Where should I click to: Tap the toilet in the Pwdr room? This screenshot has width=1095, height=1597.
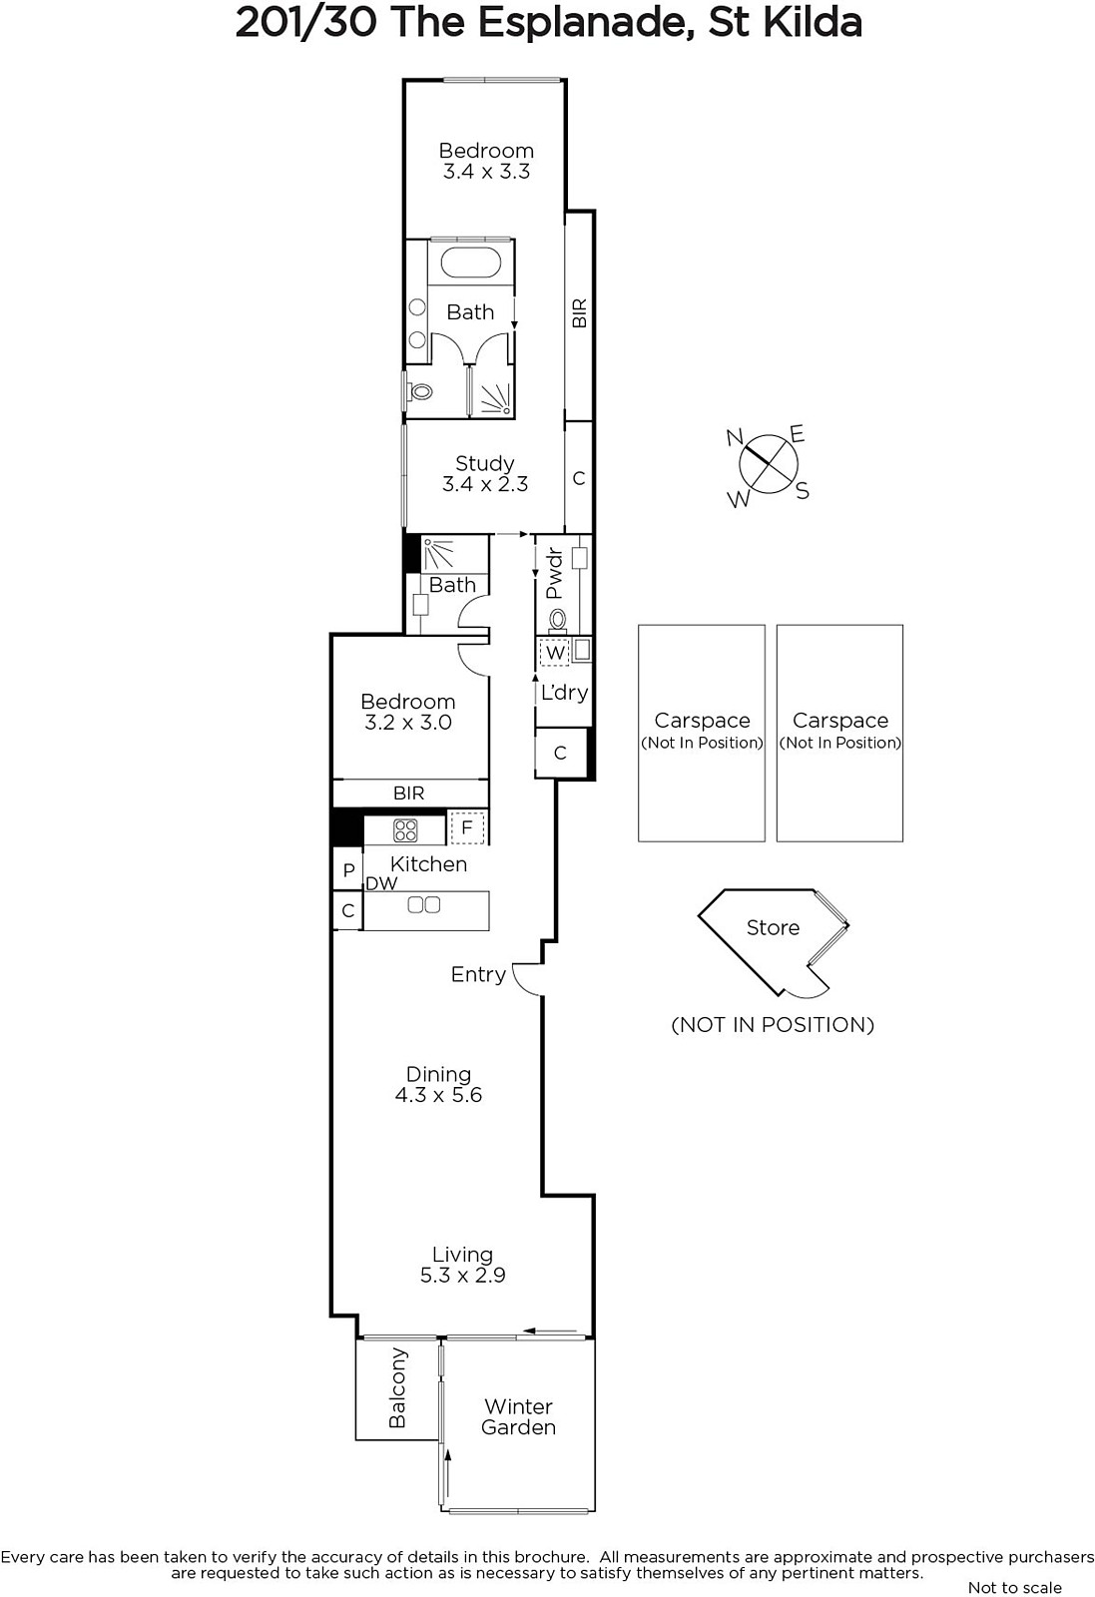[557, 620]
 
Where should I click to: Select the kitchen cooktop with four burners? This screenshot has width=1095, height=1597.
[405, 829]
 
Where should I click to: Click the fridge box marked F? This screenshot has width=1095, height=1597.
[467, 827]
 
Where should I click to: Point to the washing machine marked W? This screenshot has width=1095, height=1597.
[555, 653]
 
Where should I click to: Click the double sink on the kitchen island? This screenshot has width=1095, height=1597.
[423, 904]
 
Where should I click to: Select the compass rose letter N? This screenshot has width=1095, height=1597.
[735, 437]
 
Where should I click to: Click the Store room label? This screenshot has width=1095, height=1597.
[773, 927]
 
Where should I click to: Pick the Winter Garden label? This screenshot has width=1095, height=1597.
[518, 1416]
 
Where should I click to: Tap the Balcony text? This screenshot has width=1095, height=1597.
[397, 1387]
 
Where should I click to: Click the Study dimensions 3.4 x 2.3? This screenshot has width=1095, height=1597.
[485, 484]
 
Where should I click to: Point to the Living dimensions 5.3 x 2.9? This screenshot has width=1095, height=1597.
[463, 1275]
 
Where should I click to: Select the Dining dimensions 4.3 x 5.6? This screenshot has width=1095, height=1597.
[438, 1094]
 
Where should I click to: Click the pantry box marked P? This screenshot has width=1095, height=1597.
[348, 869]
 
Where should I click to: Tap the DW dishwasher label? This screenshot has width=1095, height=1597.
[381, 884]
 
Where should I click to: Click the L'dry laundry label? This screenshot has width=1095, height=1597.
[565, 693]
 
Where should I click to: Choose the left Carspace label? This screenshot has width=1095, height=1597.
[702, 720]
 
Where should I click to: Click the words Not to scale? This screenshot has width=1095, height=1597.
[1014, 1587]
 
